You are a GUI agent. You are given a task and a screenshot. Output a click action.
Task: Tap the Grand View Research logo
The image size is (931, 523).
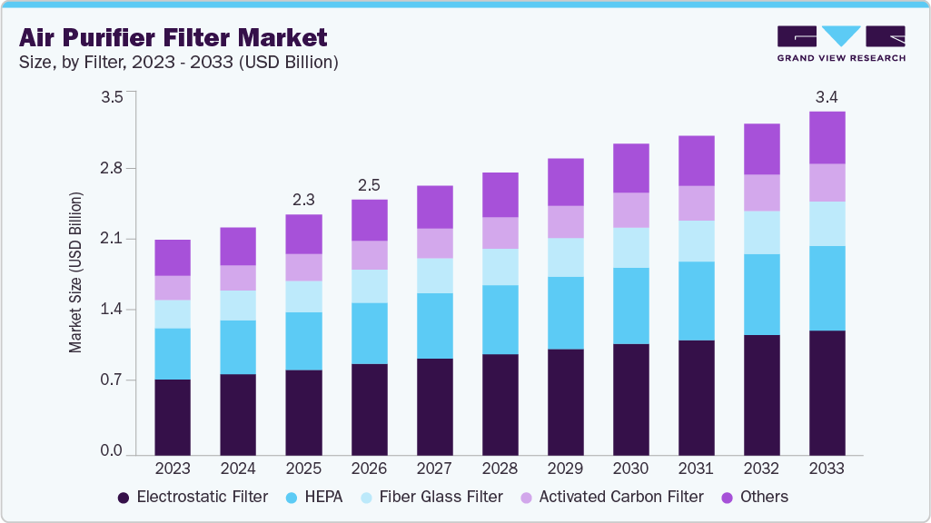click(x=840, y=44)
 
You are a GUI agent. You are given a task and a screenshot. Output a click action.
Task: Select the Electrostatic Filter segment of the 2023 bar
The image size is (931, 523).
click(x=173, y=417)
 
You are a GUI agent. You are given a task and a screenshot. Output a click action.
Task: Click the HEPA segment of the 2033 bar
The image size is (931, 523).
click(x=827, y=288)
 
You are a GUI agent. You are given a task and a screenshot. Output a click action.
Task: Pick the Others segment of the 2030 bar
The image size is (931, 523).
click(x=630, y=168)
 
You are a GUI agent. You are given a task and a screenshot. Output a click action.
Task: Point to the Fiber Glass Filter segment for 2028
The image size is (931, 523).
click(x=500, y=267)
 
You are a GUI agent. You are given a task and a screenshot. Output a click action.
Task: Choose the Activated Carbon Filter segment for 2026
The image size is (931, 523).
click(x=369, y=255)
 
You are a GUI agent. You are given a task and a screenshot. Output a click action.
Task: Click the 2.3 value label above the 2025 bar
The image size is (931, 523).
click(x=303, y=199)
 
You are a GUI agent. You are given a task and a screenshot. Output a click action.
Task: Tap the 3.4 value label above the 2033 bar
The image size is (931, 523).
click(x=827, y=96)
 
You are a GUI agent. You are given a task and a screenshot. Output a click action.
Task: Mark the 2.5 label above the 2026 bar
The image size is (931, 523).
click(x=369, y=184)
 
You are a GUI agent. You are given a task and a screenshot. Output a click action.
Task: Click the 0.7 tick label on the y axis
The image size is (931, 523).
click(x=111, y=380)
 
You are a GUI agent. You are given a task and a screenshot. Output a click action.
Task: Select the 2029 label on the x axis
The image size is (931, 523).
click(x=565, y=469)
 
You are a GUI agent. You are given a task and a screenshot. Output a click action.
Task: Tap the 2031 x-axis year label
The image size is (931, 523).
click(x=696, y=469)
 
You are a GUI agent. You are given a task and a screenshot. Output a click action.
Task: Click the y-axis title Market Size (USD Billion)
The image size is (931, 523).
click(x=76, y=272)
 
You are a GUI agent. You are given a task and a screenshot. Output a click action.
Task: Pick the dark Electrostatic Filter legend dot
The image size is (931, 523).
click(x=123, y=498)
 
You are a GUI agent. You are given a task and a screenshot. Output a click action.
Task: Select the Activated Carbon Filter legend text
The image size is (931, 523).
click(x=620, y=497)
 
